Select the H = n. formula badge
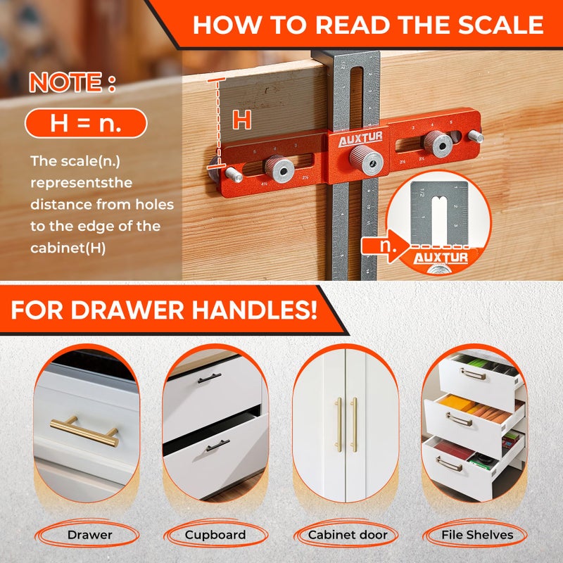click(x=86, y=124)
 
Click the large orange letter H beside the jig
click(x=241, y=120)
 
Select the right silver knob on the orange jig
click(x=441, y=144)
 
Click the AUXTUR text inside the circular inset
click(x=441, y=258)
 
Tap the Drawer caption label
click(x=90, y=535)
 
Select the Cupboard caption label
click(x=215, y=535)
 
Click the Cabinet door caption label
click(x=348, y=535)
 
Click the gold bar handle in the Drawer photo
click(x=84, y=430)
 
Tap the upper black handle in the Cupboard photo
click(x=209, y=379)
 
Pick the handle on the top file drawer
click(x=474, y=374)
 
